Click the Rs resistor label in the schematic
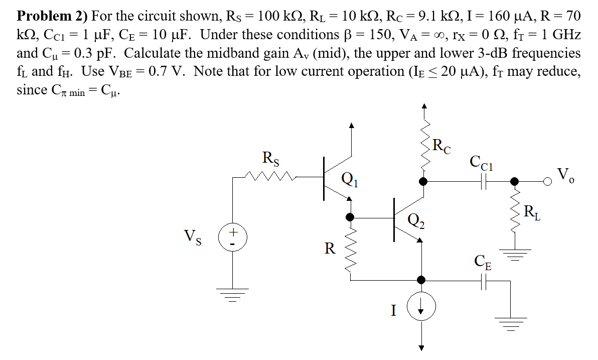click(x=271, y=158)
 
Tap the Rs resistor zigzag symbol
click(x=270, y=176)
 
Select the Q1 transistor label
click(x=347, y=178)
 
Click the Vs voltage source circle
click(x=232, y=236)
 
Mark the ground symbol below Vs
click(x=232, y=292)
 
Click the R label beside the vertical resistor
click(x=330, y=248)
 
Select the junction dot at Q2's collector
click(x=423, y=181)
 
